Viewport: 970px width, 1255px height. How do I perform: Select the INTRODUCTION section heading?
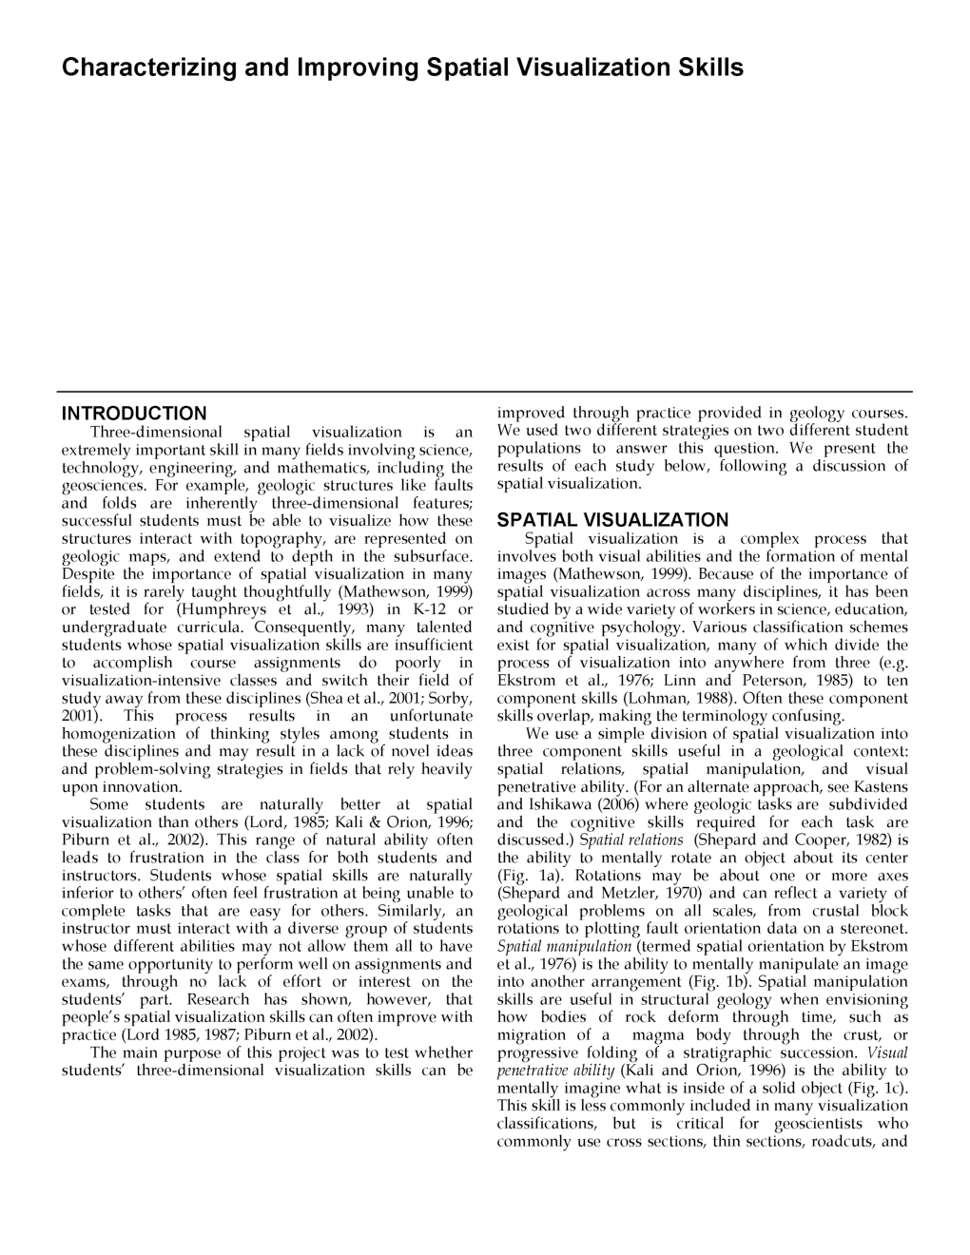(x=134, y=414)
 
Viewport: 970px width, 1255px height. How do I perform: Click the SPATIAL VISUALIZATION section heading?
(x=612, y=520)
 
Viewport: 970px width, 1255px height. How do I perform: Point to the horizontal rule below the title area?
(x=484, y=391)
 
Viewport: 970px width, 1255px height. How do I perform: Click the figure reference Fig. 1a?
(x=529, y=876)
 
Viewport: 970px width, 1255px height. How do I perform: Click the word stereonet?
(x=872, y=929)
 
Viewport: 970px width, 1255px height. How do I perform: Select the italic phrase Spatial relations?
(x=631, y=840)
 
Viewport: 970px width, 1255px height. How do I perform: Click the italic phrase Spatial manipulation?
(x=564, y=947)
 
